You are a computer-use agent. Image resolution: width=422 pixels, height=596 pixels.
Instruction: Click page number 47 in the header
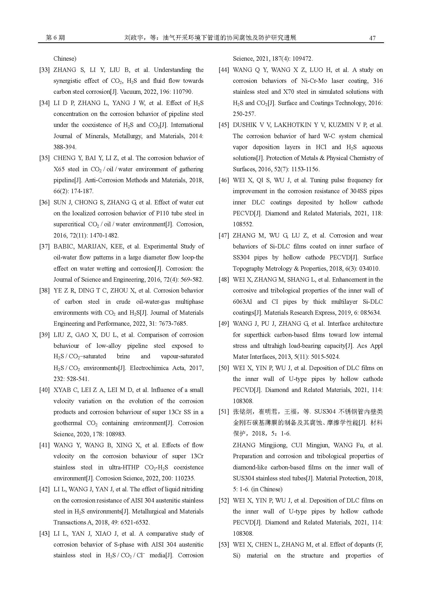coord(372,38)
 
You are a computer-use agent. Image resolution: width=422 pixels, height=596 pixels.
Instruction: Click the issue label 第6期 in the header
coord(55,38)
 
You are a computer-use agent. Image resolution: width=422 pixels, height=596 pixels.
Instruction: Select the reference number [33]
coord(44,70)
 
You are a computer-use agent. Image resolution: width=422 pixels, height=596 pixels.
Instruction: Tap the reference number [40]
coord(44,390)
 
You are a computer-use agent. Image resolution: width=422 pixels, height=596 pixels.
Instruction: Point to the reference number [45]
coord(224,125)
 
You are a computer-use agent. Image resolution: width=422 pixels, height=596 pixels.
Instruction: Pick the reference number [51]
coord(224,412)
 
